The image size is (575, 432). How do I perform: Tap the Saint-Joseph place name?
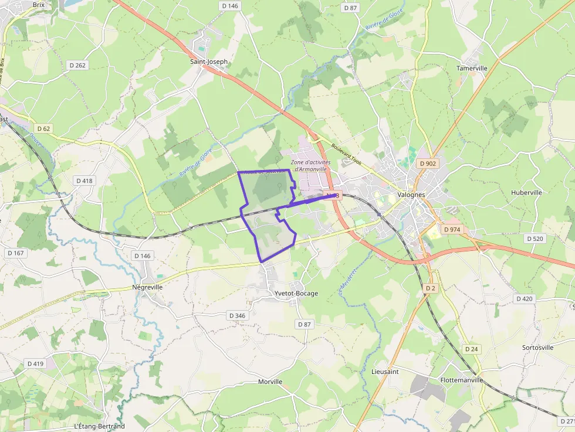(209, 61)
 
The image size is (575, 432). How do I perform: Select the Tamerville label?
(472, 68)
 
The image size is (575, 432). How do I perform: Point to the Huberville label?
(526, 192)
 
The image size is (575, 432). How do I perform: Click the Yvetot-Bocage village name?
(296, 293)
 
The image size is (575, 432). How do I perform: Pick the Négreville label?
(147, 288)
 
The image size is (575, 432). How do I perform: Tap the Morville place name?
(270, 382)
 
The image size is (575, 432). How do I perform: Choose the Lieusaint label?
(385, 372)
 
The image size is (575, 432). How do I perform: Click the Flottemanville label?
(461, 380)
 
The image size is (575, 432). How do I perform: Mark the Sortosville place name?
(537, 348)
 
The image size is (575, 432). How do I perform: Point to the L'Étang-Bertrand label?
(100, 426)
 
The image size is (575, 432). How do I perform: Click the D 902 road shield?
(428, 164)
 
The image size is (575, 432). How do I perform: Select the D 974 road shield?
(452, 230)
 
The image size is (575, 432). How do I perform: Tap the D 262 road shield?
(77, 65)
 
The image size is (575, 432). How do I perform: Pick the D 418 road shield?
(84, 181)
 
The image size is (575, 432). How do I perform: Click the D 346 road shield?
(236, 315)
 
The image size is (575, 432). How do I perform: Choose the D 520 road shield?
(535, 239)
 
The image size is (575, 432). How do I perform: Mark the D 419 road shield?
(35, 363)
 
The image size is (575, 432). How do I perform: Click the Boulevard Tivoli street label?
(347, 155)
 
